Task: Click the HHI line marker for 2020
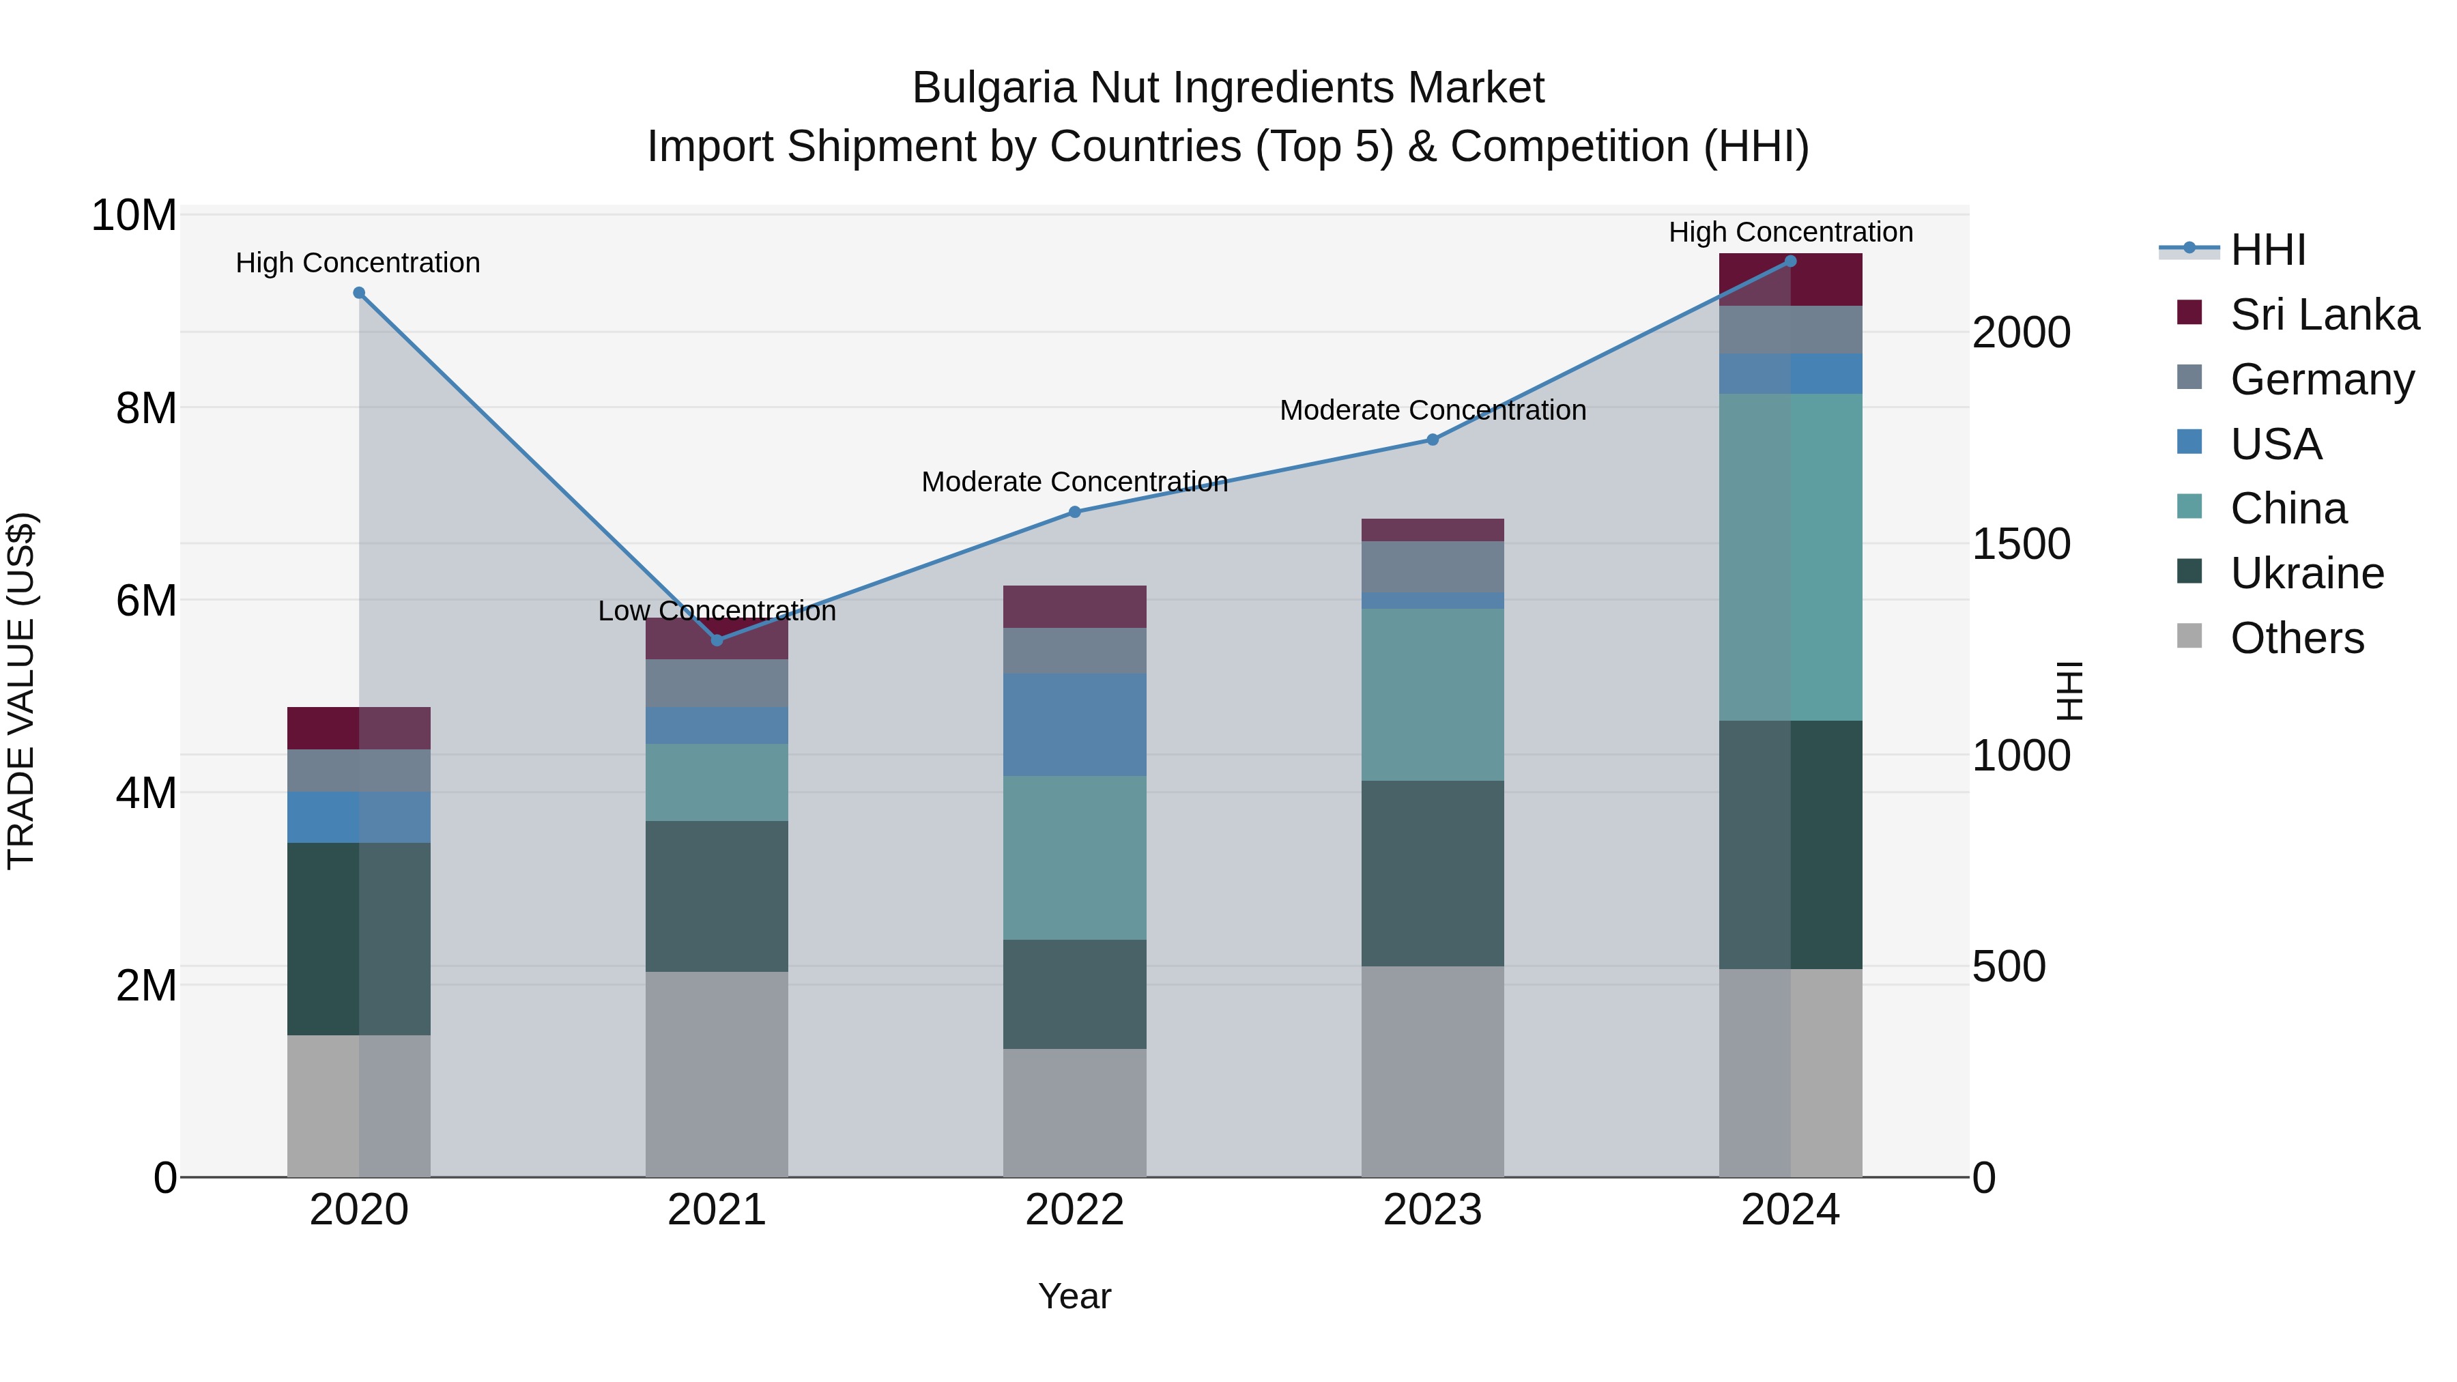coord(358,293)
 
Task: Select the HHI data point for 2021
coord(717,640)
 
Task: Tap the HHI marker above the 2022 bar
coord(1075,512)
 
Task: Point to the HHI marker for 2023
coord(1433,440)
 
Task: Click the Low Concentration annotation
coord(717,611)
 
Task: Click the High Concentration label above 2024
coord(1790,233)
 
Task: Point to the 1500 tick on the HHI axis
coord(2020,545)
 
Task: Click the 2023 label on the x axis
coord(1433,1210)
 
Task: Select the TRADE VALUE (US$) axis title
coord(21,691)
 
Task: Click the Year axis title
coord(1075,1296)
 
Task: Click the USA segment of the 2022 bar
coord(1075,725)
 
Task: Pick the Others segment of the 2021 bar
coord(717,1074)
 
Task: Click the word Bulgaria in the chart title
coord(994,89)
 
